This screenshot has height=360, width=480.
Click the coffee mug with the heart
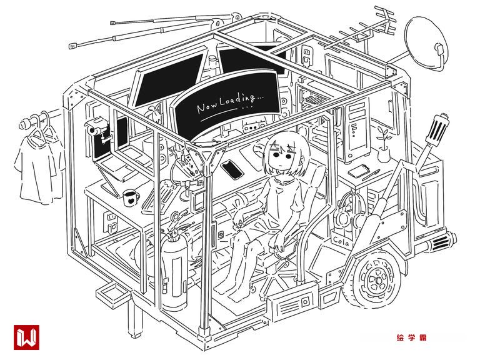coord(131,197)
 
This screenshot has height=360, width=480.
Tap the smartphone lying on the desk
coord(232,168)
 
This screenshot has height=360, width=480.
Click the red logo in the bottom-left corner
coord(26,338)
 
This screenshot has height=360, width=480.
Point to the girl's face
coord(283,156)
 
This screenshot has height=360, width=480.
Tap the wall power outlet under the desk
coord(111,221)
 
